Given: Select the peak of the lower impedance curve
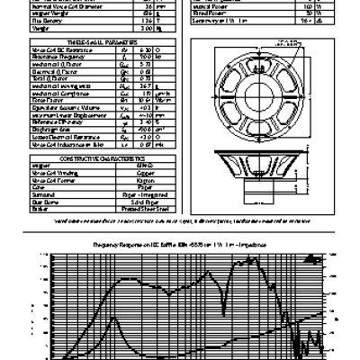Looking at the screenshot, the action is click(x=112, y=317).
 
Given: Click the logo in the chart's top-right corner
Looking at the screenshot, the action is click(x=308, y=255).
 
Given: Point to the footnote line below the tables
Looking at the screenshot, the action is click(x=180, y=219).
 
